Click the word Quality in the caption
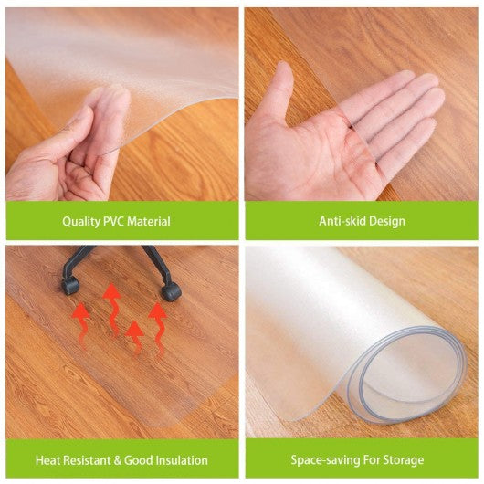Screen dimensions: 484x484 click(81, 222)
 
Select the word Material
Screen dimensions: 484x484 click(149, 221)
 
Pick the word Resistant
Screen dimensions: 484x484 click(86, 460)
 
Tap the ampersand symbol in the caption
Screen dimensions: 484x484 click(118, 460)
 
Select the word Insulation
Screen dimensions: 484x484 click(182, 460)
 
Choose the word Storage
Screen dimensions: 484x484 click(404, 460)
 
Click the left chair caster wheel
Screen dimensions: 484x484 click(70, 286)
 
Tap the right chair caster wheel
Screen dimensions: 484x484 click(171, 292)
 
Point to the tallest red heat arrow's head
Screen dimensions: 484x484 click(111, 291)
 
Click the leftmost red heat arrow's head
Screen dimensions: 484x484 click(80, 310)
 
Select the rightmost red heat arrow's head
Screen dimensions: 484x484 click(158, 310)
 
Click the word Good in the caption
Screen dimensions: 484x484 click(139, 460)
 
